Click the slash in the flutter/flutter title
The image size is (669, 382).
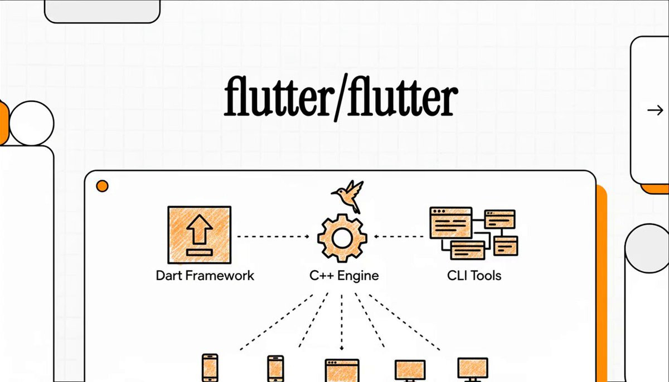pyautogui.click(x=340, y=97)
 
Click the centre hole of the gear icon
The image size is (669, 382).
pyautogui.click(x=342, y=238)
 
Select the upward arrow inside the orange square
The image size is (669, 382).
pyautogui.click(x=200, y=229)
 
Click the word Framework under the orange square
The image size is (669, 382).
pyautogui.click(x=220, y=275)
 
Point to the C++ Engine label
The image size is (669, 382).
pyautogui.click(x=344, y=276)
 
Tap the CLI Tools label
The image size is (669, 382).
pyautogui.click(x=474, y=276)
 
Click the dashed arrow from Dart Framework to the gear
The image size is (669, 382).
pyautogui.click(x=273, y=237)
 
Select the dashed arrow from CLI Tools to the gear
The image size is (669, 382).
pyautogui.click(x=399, y=237)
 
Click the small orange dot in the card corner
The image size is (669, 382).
pyautogui.click(x=102, y=186)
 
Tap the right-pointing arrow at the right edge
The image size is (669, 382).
pyautogui.click(x=655, y=111)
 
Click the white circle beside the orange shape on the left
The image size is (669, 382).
pyautogui.click(x=32, y=123)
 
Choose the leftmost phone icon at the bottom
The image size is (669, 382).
pyautogui.click(x=210, y=368)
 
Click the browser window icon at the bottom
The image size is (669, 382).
pyautogui.click(x=342, y=370)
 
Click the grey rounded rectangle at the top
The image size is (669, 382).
pyautogui.click(x=102, y=11)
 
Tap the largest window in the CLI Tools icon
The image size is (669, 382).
pyautogui.click(x=451, y=223)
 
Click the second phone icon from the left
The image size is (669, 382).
pyautogui.click(x=275, y=369)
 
